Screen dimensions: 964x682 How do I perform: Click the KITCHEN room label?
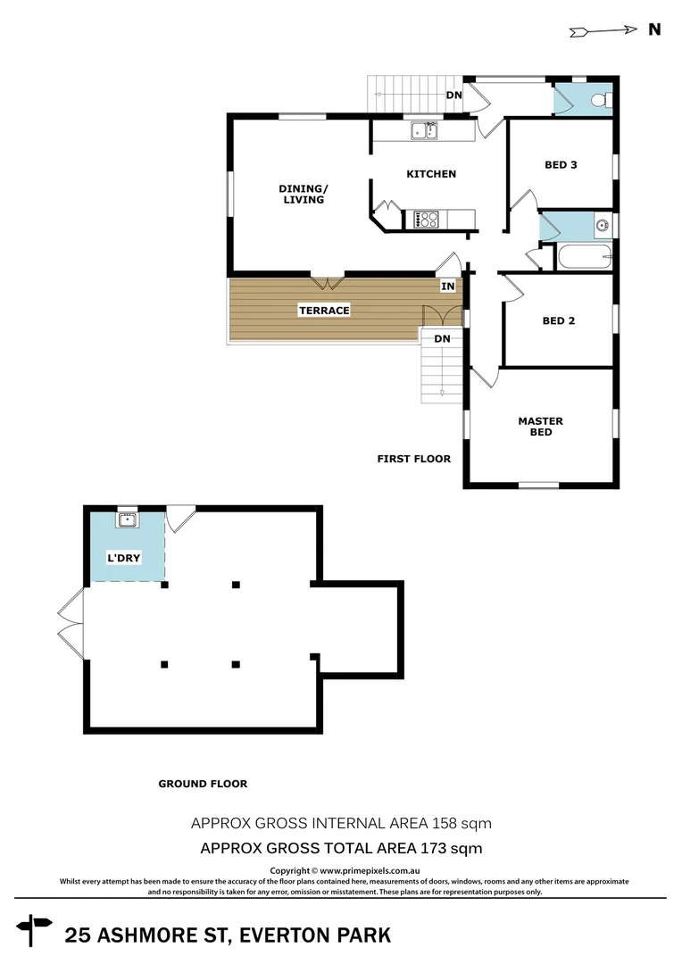click(431, 174)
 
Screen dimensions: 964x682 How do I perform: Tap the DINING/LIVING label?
click(304, 194)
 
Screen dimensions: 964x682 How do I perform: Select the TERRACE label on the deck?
click(324, 311)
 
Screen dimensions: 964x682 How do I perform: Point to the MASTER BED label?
click(540, 427)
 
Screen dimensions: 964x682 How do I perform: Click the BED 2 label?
click(559, 320)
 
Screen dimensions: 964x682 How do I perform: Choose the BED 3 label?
click(561, 164)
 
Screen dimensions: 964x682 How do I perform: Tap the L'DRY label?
click(125, 559)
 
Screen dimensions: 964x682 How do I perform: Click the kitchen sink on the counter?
click(423, 132)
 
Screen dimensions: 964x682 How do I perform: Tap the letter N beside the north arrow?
click(654, 29)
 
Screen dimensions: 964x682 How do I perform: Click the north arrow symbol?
click(601, 31)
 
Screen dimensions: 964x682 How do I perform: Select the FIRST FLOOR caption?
click(413, 459)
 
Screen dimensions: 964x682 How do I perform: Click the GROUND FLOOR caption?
click(203, 784)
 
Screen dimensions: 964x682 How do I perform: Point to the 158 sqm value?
click(462, 822)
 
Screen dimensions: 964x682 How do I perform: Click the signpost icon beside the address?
click(35, 929)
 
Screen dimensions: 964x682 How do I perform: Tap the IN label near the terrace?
click(447, 287)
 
